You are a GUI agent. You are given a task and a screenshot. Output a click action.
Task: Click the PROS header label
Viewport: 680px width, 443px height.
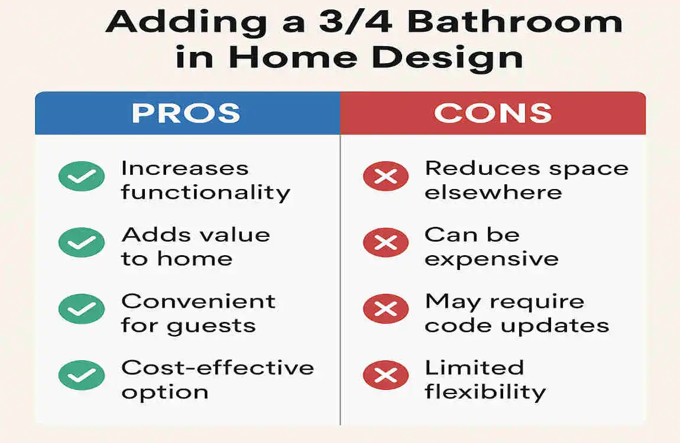pos(186,113)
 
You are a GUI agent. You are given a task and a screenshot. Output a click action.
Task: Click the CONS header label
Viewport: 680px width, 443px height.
pos(493,113)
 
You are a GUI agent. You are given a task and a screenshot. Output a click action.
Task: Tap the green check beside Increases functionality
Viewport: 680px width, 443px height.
pos(82,176)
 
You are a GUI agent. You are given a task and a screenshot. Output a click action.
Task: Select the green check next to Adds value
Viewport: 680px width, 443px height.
pos(82,242)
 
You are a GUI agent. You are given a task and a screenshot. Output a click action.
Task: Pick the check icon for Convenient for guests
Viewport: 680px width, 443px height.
pos(82,309)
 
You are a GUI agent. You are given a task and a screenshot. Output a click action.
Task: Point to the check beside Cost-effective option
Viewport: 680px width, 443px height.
pos(82,375)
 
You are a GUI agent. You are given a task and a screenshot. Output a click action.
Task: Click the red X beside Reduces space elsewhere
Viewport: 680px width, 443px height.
pos(386,176)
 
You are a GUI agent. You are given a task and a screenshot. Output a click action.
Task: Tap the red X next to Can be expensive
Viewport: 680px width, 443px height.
pos(386,242)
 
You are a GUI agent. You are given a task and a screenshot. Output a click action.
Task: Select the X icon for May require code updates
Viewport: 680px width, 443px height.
pos(386,309)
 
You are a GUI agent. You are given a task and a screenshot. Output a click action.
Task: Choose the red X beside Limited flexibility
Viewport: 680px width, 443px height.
pos(386,375)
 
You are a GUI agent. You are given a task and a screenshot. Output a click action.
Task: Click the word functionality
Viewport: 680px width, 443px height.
pos(205,193)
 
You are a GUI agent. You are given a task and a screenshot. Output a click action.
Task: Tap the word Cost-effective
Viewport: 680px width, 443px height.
pos(217,367)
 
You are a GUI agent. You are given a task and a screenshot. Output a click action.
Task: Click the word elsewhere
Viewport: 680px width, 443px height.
pos(493,193)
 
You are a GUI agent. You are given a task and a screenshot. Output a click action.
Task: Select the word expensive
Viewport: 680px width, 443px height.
pos(491,259)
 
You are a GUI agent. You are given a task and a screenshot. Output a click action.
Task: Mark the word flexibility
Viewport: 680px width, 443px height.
pos(485,392)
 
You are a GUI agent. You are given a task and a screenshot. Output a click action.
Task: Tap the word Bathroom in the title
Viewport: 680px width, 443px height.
pos(515,22)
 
